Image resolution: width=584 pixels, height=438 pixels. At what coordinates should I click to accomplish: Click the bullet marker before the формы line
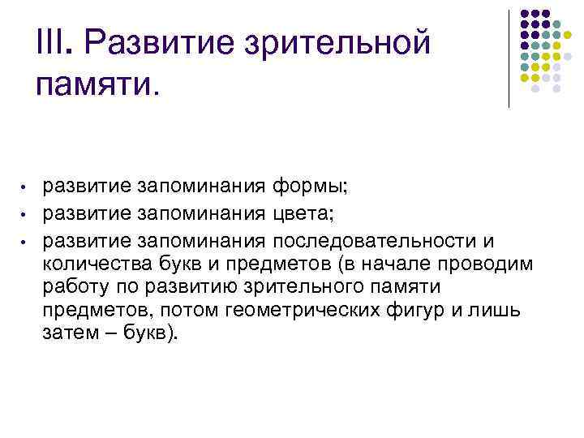tap(26, 189)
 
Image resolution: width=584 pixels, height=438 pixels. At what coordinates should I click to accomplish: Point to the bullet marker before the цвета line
tap(26, 215)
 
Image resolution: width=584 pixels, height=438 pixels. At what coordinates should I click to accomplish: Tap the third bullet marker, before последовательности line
tap(26, 242)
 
